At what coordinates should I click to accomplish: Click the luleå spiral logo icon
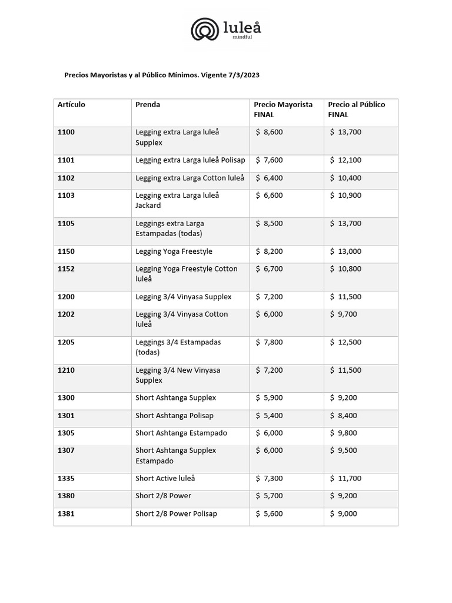click(x=205, y=29)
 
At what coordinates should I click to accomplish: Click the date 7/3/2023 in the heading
click(x=244, y=75)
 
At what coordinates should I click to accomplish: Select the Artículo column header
click(x=71, y=105)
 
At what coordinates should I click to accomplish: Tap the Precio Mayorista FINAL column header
click(x=283, y=110)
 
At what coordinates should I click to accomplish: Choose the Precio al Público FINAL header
click(x=357, y=110)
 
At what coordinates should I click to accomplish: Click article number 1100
click(x=66, y=132)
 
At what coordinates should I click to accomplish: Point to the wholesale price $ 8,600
click(x=270, y=132)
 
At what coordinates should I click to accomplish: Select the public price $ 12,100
click(x=346, y=160)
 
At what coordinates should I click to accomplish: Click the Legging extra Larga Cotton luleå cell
click(x=190, y=178)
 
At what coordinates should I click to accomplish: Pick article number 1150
click(x=66, y=251)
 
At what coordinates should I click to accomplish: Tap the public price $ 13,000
click(x=346, y=251)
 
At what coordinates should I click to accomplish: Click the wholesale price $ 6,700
click(x=270, y=269)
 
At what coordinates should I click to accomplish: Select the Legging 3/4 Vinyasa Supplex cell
click(x=184, y=297)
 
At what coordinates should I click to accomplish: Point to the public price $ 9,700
click(x=344, y=314)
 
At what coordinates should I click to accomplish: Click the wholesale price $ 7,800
click(x=270, y=342)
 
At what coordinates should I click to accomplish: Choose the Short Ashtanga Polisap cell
click(x=174, y=416)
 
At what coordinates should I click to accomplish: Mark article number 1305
click(x=66, y=433)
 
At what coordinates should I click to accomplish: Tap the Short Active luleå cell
click(x=165, y=479)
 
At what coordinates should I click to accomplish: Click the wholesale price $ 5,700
click(x=270, y=496)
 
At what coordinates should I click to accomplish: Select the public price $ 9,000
click(x=344, y=513)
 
